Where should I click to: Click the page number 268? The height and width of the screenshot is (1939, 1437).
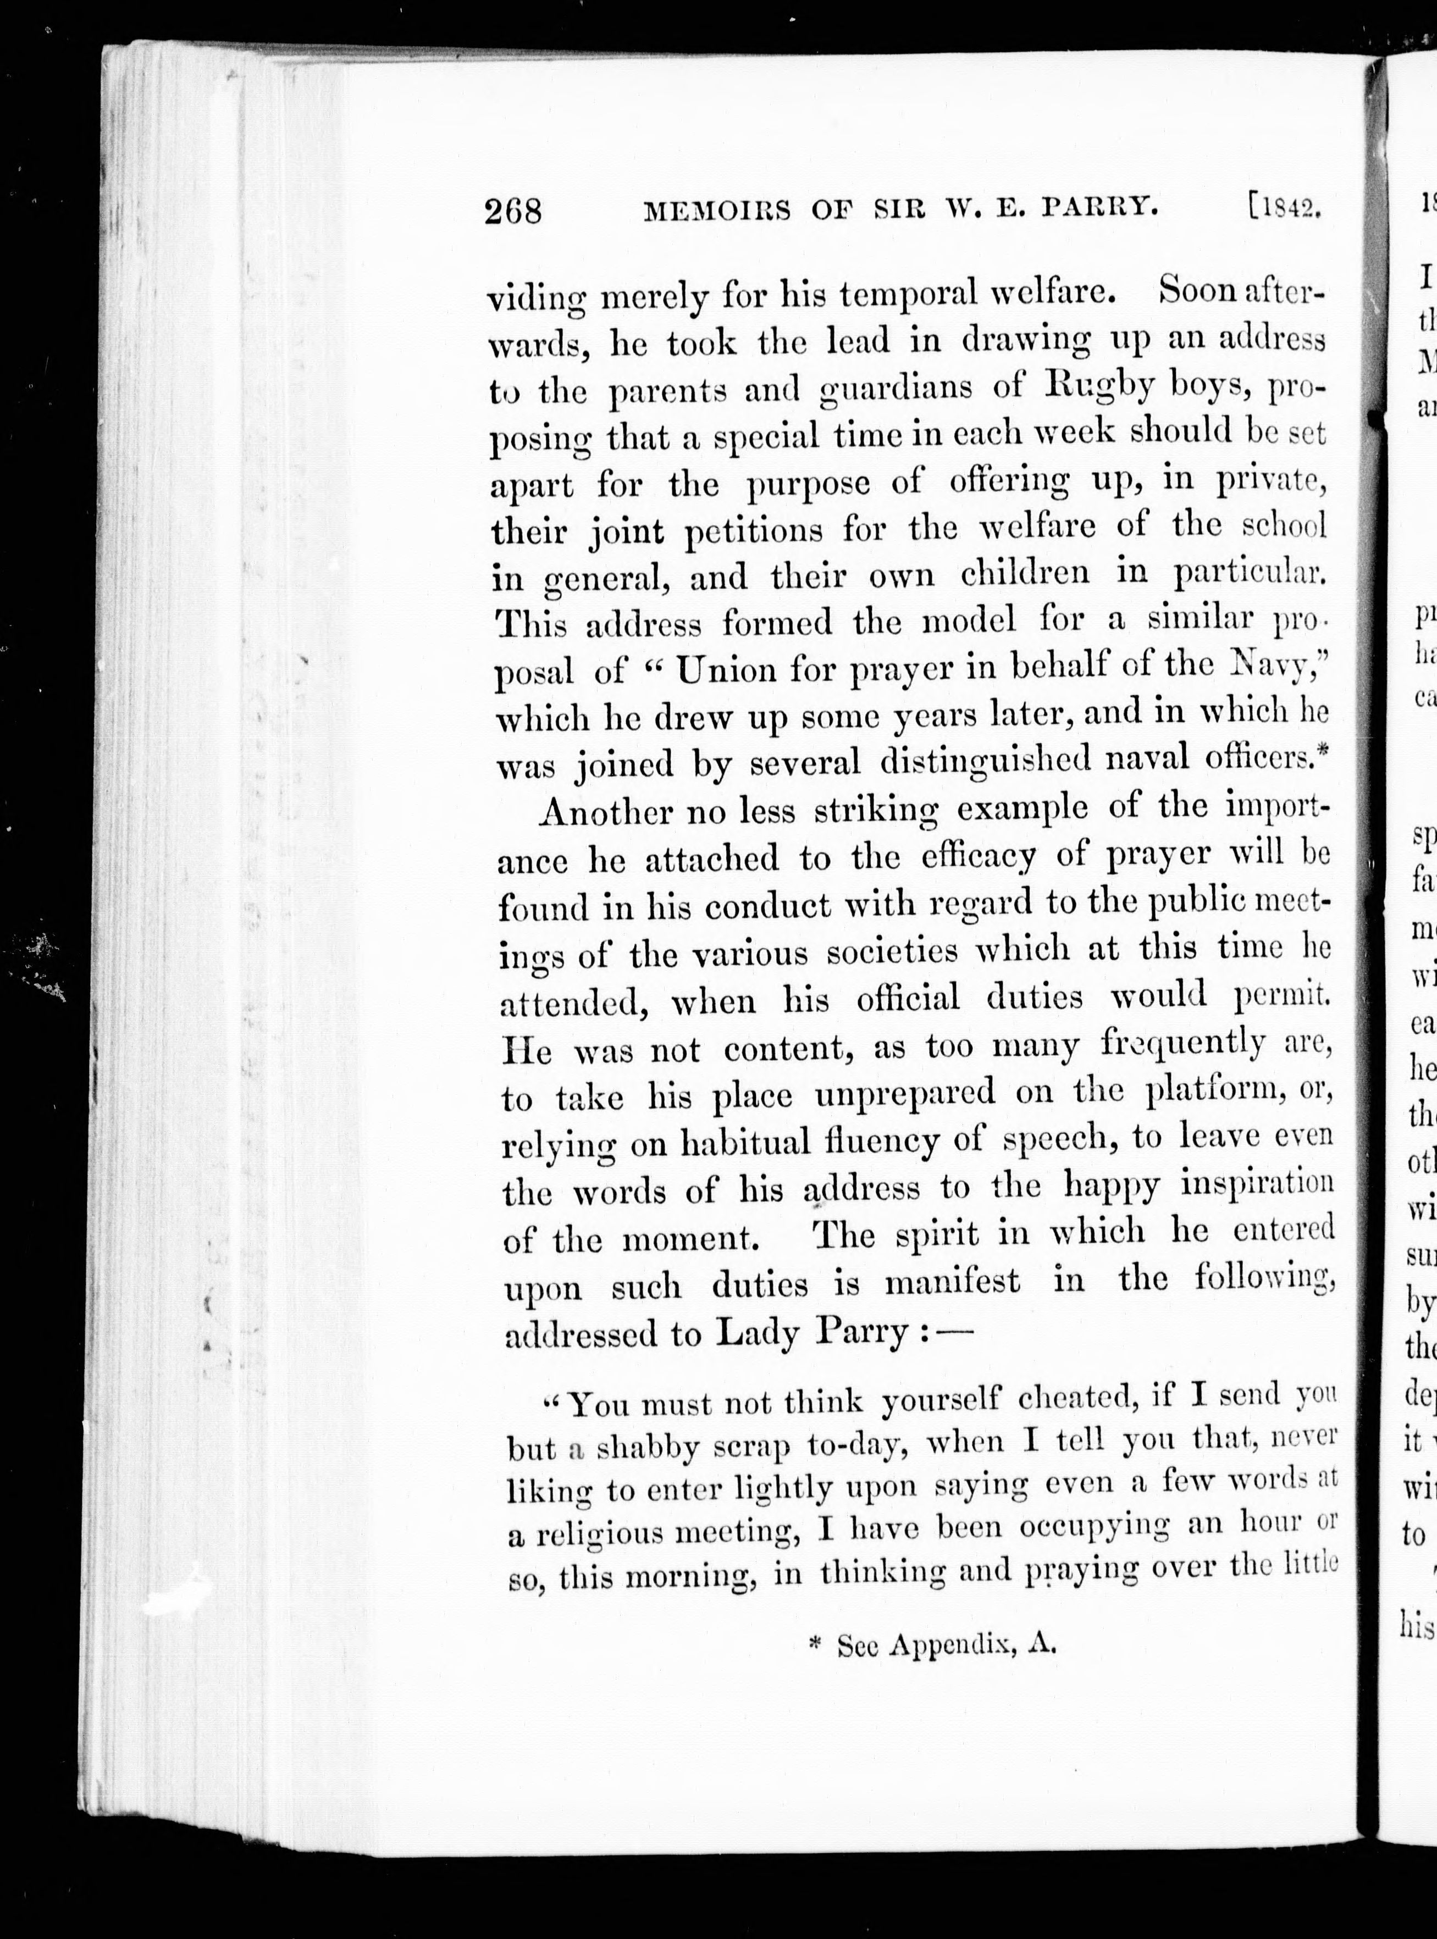click(x=513, y=210)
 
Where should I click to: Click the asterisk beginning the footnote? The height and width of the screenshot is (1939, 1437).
click(x=815, y=1643)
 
